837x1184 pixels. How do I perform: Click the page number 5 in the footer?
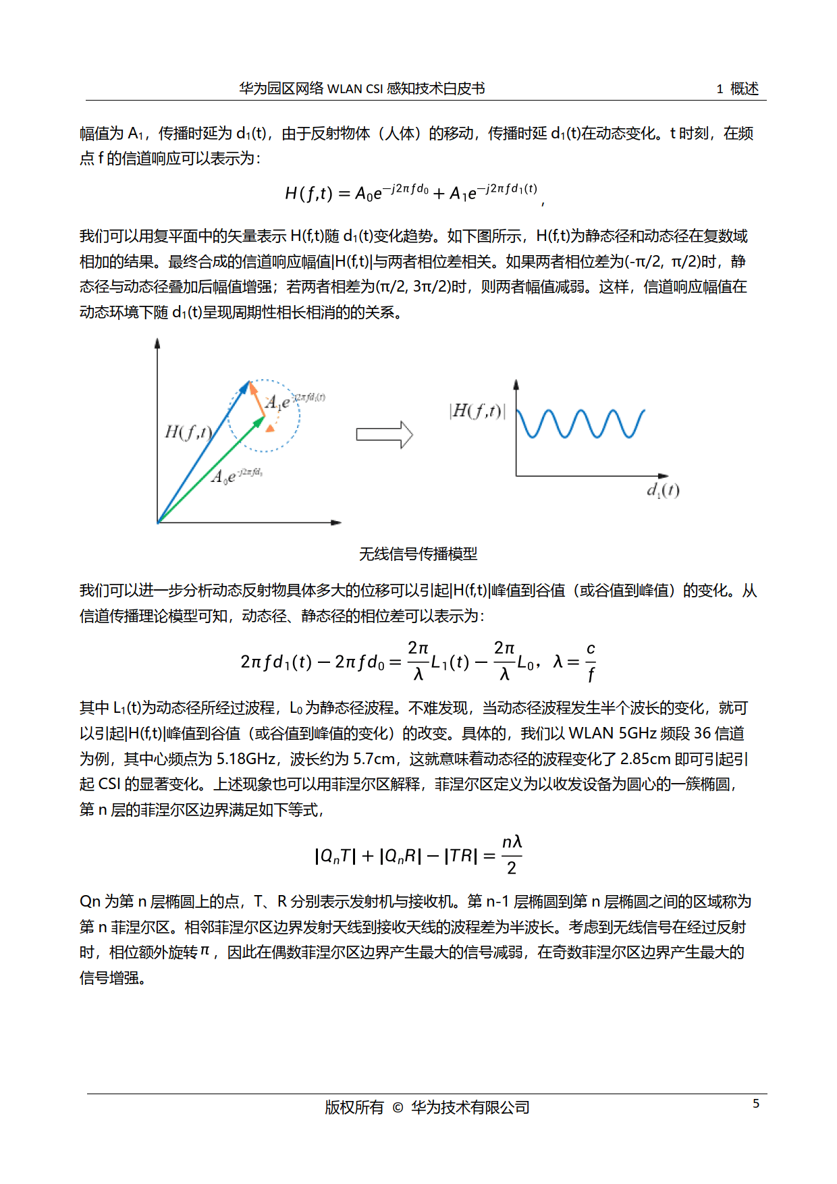(756, 1103)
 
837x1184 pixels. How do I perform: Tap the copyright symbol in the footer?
(398, 1108)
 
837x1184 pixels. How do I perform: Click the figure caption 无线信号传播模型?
(418, 554)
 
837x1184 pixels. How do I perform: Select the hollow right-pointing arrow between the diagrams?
(384, 435)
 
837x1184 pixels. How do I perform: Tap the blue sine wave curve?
(580, 424)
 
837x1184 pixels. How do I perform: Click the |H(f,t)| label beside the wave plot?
(477, 411)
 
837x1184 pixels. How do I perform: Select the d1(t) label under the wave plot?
(663, 490)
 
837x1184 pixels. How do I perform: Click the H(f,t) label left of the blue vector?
(188, 432)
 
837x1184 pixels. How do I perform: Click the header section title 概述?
(745, 88)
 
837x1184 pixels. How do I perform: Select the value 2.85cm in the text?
(645, 759)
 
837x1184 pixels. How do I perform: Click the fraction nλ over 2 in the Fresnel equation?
(512, 855)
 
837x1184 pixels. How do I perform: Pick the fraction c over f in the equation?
(591, 662)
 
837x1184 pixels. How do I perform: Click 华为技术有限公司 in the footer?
(470, 1108)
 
